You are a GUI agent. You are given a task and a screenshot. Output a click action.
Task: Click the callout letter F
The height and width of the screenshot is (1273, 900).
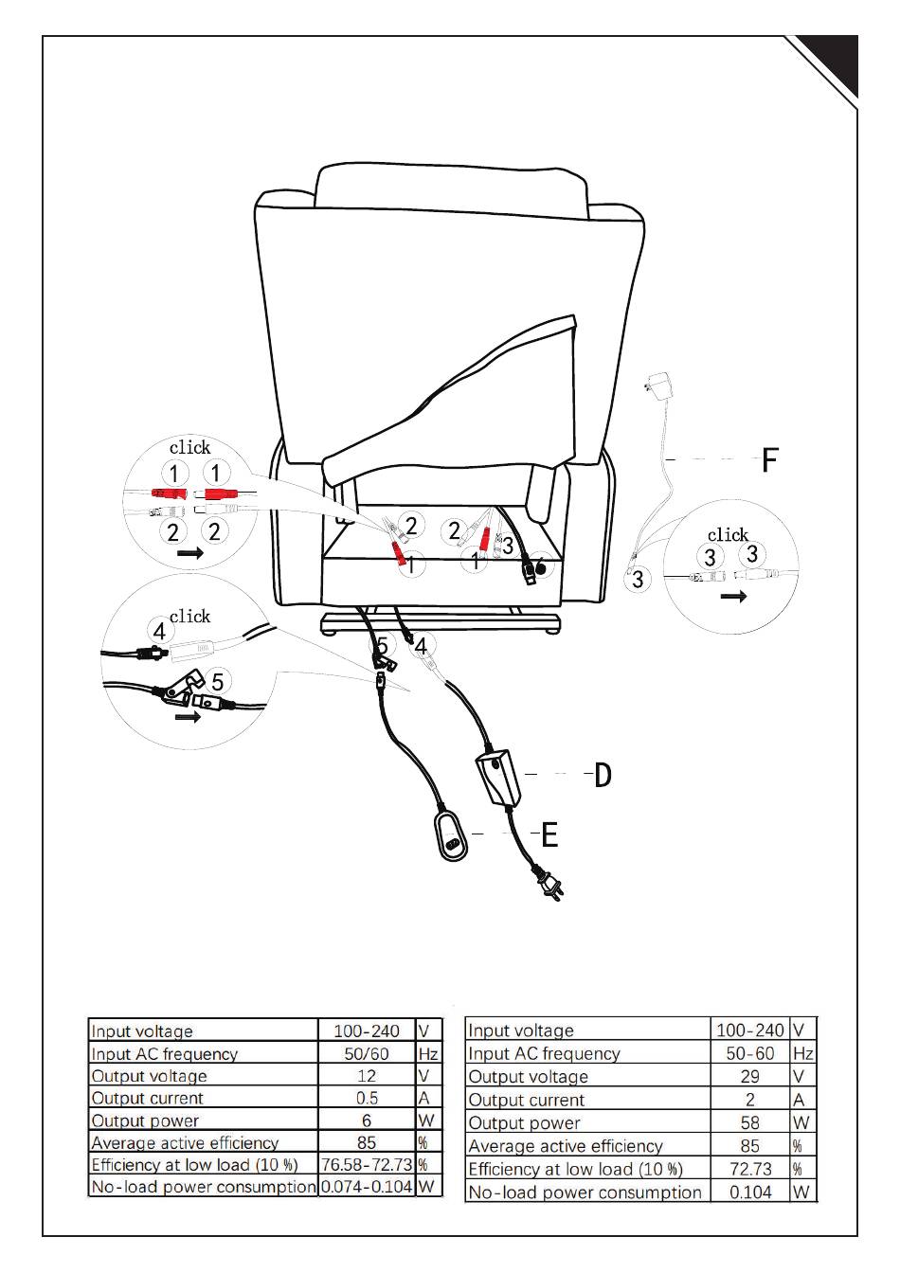point(770,460)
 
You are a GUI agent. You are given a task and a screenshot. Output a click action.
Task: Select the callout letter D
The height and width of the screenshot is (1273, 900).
point(603,776)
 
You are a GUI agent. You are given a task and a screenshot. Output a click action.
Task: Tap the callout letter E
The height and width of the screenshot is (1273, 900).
point(549,834)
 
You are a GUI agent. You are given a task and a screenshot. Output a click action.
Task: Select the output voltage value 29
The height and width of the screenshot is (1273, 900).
point(749,1076)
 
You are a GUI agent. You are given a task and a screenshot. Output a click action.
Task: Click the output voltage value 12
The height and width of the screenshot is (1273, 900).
point(367,1076)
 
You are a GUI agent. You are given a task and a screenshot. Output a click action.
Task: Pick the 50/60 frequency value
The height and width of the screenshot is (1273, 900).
point(367,1053)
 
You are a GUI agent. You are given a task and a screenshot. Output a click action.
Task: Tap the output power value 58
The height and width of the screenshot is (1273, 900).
point(749,1122)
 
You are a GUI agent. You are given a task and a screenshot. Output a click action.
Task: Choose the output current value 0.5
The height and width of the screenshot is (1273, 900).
point(367,1098)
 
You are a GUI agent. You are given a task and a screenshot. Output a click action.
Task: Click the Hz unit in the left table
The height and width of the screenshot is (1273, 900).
point(428,1053)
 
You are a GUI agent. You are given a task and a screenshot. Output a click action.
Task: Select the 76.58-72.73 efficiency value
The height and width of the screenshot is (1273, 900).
point(367,1164)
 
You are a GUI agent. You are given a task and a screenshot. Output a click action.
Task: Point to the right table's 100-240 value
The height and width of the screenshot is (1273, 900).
point(749,1030)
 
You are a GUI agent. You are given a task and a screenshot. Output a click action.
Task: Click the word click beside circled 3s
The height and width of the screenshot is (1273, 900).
point(728,535)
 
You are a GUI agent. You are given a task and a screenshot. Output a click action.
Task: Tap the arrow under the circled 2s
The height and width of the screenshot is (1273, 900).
point(189,552)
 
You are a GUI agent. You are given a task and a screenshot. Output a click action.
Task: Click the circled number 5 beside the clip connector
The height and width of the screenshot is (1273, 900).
point(218,681)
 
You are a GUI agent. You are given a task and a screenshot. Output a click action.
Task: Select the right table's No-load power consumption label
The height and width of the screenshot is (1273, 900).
point(585,1192)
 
